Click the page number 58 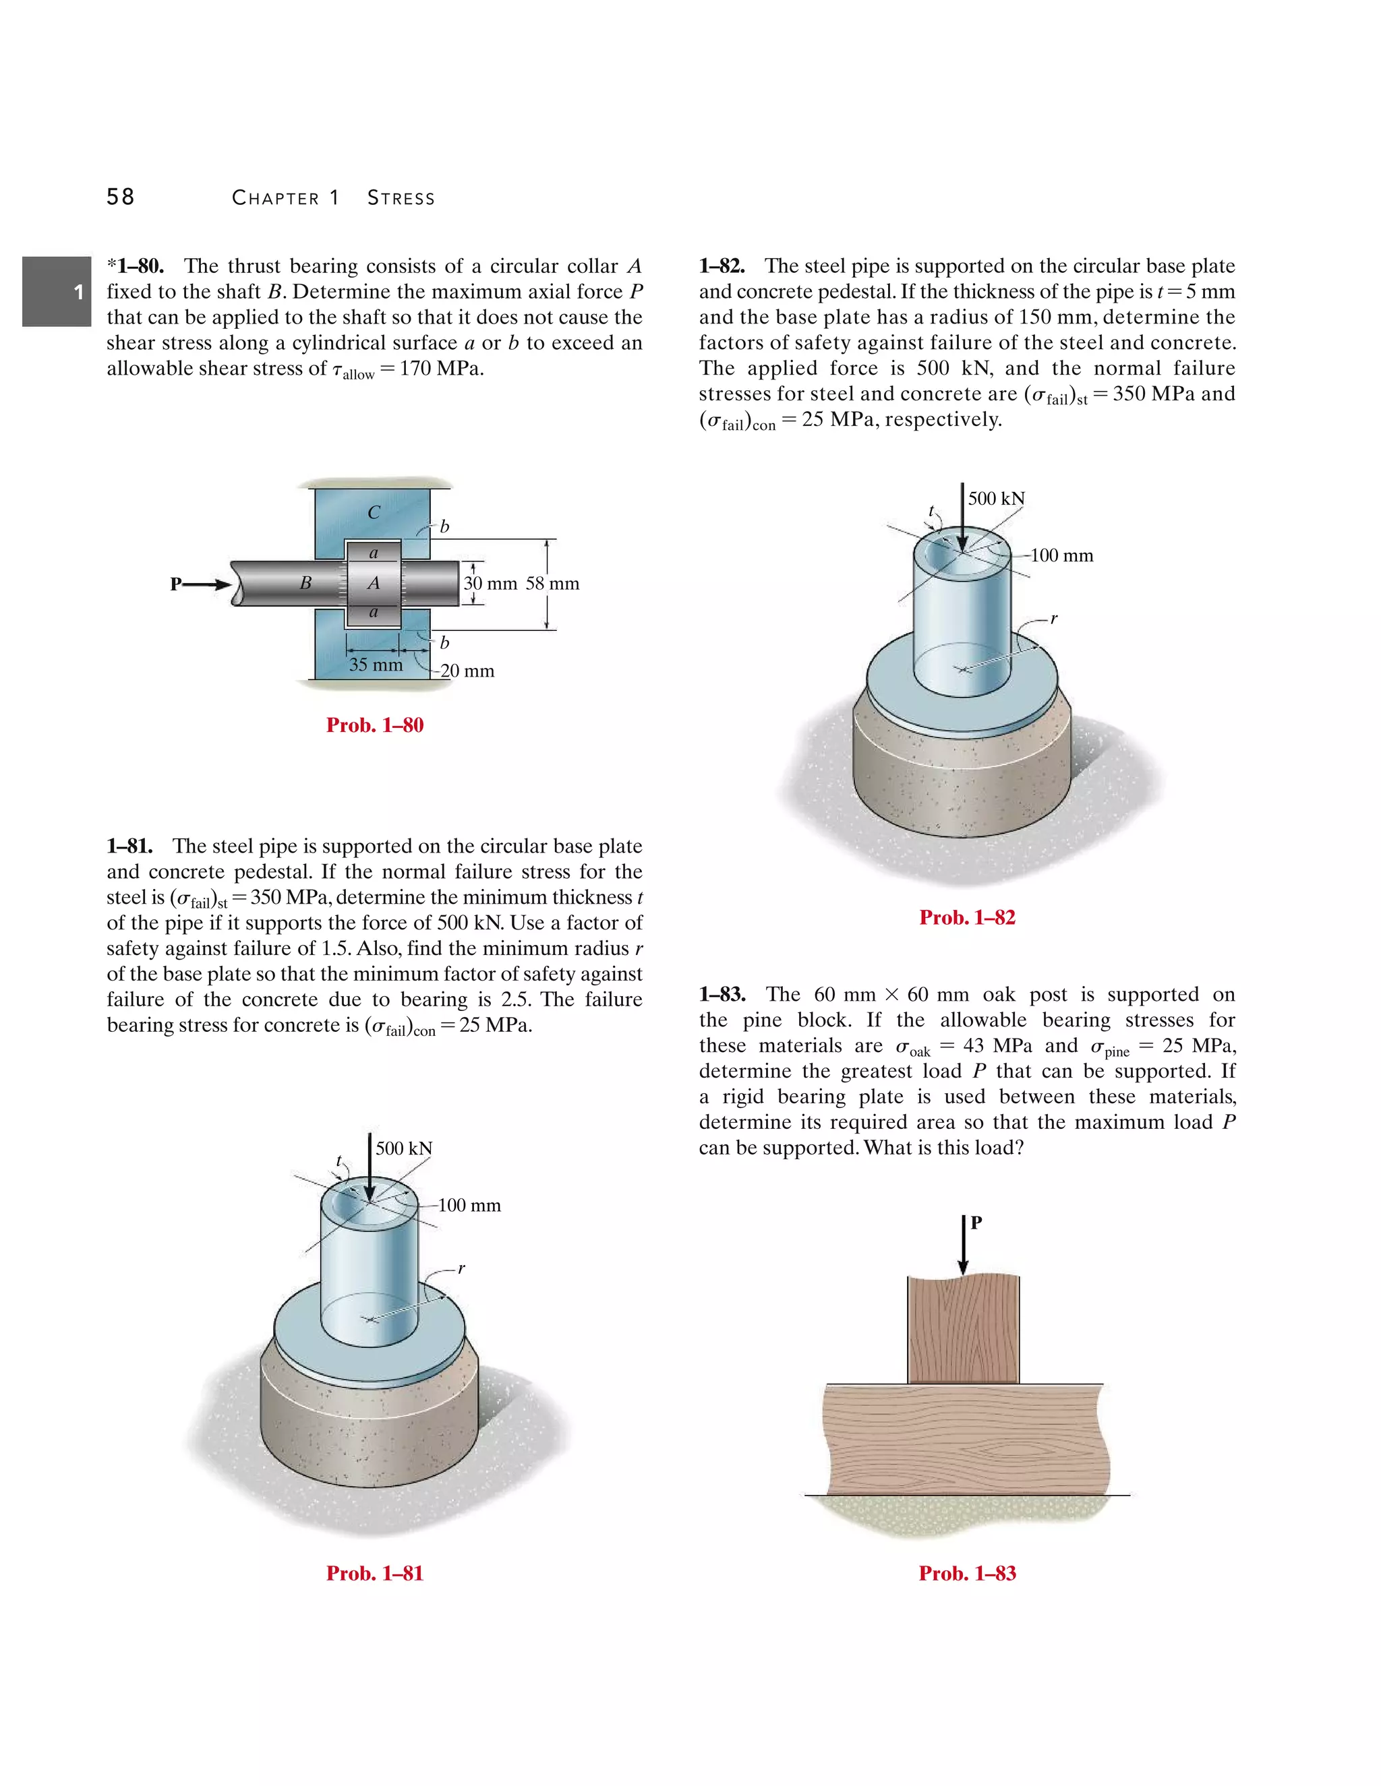[x=120, y=197]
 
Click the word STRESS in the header [x=401, y=198]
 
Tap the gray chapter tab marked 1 [x=57, y=292]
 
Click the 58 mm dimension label [x=552, y=584]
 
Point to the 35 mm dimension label [x=376, y=665]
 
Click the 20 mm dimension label [x=467, y=671]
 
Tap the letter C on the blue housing [x=374, y=513]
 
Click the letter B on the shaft [x=305, y=583]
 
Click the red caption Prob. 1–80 [x=375, y=725]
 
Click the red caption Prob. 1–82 [x=967, y=917]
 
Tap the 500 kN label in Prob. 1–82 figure [x=996, y=499]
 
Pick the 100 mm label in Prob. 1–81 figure [x=469, y=1206]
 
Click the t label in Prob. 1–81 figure [x=339, y=1161]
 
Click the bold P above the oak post [x=976, y=1223]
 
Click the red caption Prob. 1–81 [x=375, y=1574]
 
